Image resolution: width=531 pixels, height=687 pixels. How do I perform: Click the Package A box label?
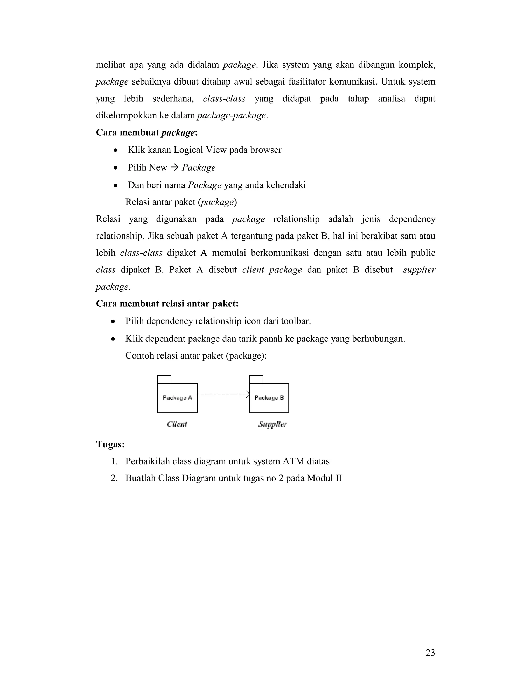click(x=177, y=398)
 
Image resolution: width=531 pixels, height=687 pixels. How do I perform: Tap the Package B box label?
click(x=269, y=398)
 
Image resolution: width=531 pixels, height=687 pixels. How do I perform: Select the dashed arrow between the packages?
click(x=223, y=394)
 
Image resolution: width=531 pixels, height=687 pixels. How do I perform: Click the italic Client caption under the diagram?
click(x=177, y=424)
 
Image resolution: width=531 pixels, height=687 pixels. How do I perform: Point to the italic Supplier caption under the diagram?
click(x=273, y=424)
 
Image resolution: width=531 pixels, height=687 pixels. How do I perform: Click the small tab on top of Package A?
click(x=164, y=379)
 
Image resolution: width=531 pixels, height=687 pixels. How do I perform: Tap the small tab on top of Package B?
click(x=256, y=379)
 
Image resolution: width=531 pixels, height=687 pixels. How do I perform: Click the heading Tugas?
click(x=110, y=444)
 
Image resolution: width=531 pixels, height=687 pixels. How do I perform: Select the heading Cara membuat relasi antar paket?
click(x=167, y=304)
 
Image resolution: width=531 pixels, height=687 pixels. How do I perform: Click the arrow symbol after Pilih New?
click(x=174, y=167)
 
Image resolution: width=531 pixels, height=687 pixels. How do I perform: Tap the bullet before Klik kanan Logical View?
click(x=116, y=150)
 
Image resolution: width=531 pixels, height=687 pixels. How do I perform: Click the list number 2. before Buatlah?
click(x=114, y=479)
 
